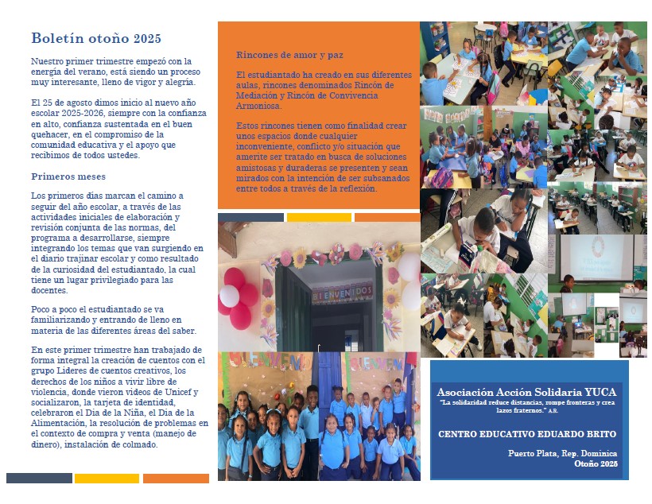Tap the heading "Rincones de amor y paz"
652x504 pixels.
pos(289,54)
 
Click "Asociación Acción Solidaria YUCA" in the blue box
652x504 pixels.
pos(526,393)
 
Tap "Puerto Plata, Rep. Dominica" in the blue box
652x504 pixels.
pos(562,453)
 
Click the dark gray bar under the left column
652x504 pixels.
pos(39,479)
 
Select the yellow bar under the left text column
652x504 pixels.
pos(107,479)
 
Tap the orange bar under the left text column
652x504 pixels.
pos(176,479)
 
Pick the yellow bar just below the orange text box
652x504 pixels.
pos(318,217)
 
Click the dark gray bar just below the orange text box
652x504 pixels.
pos(250,217)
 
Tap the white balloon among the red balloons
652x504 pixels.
pos(229,296)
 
